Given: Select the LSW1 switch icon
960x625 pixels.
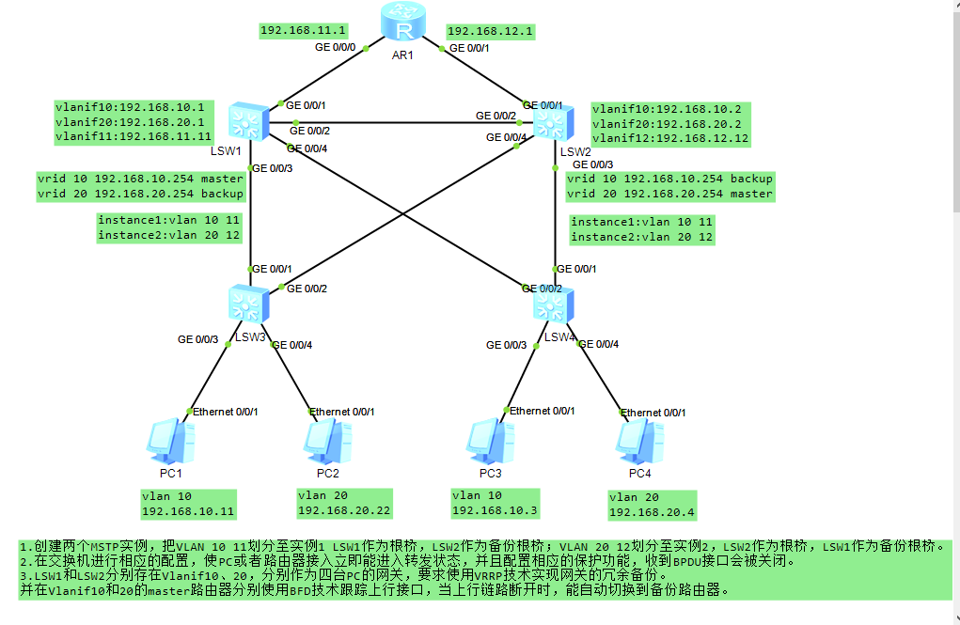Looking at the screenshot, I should (x=248, y=122).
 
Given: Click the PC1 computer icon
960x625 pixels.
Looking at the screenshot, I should (x=171, y=441).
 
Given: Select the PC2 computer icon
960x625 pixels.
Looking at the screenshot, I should (x=327, y=441).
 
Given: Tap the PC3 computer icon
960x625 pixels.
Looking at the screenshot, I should (x=490, y=441).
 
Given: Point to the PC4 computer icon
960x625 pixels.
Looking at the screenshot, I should (x=641, y=441).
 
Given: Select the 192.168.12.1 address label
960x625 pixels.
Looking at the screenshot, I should (x=490, y=31).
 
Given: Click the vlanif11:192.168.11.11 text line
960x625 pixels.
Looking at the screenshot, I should (x=134, y=137).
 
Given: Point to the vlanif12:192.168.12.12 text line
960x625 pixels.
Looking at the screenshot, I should (x=670, y=139).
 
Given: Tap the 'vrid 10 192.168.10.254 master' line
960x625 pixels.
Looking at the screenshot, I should (x=141, y=179).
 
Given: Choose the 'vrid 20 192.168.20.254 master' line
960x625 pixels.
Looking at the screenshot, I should (x=669, y=195).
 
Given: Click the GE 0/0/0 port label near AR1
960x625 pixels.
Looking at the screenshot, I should (x=335, y=46).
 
